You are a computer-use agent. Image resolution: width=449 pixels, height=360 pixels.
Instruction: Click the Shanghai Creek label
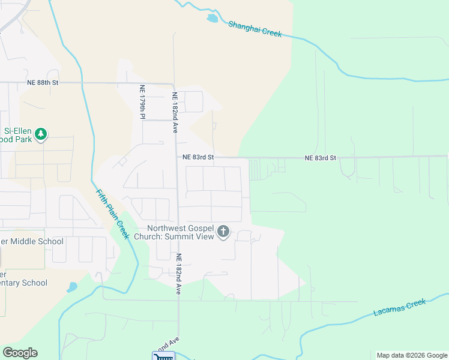(255, 29)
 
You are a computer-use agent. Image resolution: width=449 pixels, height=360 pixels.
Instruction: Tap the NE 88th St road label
(42, 82)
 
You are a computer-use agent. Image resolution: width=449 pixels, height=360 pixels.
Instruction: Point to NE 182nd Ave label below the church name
(178, 273)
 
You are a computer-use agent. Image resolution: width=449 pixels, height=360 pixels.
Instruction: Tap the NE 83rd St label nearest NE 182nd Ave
(198, 157)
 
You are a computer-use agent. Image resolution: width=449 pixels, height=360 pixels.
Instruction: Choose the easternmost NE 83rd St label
(320, 158)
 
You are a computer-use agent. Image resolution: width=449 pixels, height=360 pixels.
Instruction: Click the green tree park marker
(41, 134)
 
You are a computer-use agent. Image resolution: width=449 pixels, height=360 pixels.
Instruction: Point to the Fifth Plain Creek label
(113, 214)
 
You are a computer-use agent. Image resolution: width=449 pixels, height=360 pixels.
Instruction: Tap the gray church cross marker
(223, 232)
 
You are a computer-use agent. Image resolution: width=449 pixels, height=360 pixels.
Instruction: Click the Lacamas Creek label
(399, 307)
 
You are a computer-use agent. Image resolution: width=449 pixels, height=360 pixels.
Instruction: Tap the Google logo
(20, 353)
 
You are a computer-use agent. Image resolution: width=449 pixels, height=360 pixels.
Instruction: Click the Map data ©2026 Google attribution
(411, 355)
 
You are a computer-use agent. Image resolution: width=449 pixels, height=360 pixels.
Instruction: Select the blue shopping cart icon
(162, 356)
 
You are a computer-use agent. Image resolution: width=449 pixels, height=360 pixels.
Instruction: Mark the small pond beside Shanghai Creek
(212, 19)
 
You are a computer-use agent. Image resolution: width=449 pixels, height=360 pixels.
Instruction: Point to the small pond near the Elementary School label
(72, 287)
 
